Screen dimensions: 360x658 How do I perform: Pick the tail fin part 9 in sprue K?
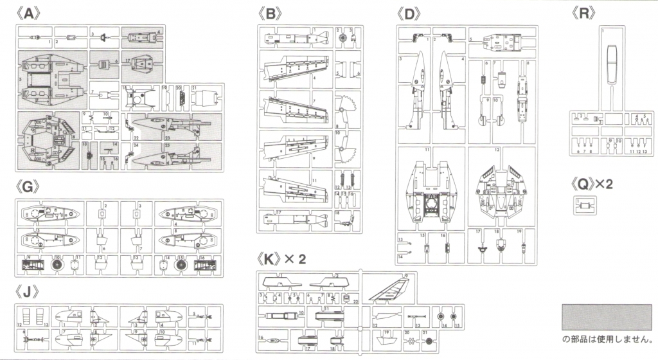coord(389,288)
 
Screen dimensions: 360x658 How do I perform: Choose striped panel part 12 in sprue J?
coord(26,318)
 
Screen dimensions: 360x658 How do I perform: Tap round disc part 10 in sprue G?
coord(58,264)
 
